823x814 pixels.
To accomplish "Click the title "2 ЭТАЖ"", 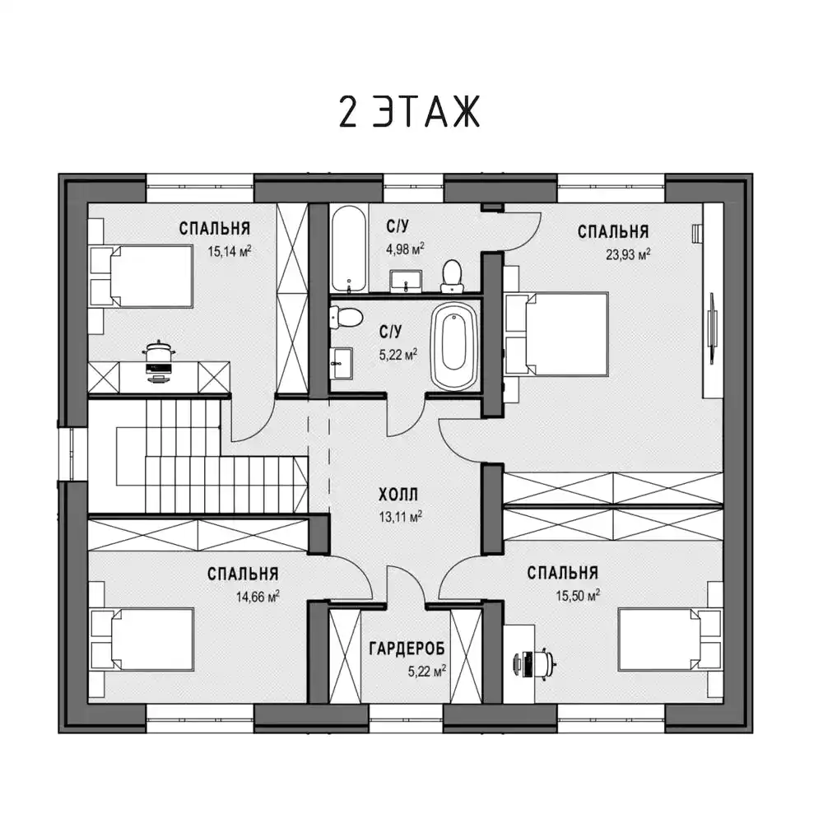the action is (409, 112).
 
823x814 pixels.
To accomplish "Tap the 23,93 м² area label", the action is (628, 254).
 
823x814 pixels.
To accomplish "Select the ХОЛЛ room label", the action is (398, 495).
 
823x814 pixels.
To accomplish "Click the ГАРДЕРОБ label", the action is (407, 649).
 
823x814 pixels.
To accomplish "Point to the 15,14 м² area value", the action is (230, 251).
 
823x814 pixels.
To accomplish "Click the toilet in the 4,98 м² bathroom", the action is (451, 276).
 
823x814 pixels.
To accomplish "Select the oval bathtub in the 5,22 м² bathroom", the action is (454, 348).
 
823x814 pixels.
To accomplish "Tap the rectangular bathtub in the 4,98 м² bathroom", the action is (349, 248).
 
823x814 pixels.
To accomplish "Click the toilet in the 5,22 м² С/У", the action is (346, 318).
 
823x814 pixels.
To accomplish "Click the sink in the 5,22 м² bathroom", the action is (342, 363).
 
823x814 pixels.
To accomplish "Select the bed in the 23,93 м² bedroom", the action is (556, 334).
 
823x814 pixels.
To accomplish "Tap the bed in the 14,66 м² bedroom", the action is (142, 639).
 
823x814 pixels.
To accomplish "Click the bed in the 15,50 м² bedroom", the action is (670, 639).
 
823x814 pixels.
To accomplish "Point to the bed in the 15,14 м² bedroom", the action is (142, 277).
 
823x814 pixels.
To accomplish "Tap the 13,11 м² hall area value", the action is (401, 517).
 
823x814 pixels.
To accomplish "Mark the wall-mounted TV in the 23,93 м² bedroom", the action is (713, 328).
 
